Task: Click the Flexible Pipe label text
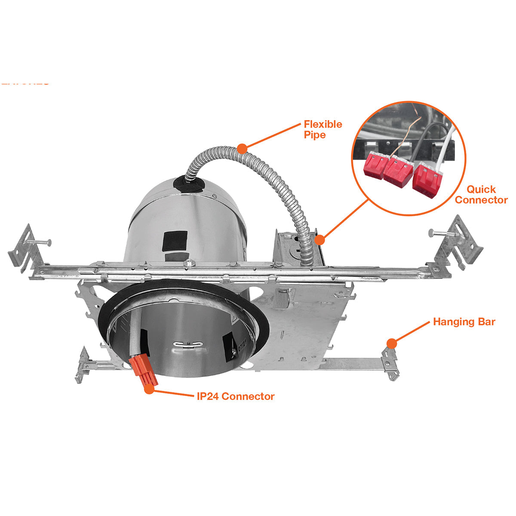322,129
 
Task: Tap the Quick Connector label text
481,194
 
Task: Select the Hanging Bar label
464,322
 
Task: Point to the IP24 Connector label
235,396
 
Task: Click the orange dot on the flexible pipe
242,149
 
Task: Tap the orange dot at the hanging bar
391,343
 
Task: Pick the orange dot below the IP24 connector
149,389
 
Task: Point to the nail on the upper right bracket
440,233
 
